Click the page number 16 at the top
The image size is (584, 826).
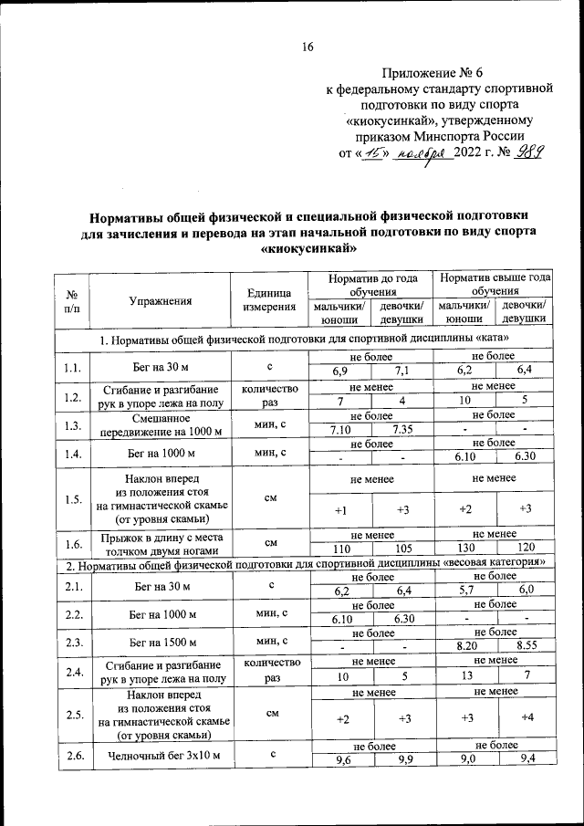click(308, 47)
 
